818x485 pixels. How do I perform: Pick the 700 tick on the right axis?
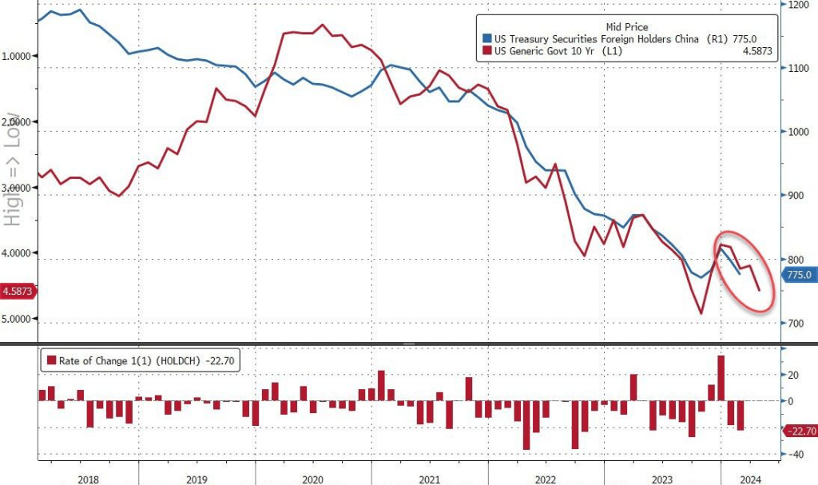click(x=794, y=324)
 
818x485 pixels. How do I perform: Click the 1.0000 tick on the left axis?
click(x=19, y=56)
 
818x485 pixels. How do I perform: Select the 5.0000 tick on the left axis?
click(x=19, y=319)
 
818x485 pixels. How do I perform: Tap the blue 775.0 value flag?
click(x=799, y=275)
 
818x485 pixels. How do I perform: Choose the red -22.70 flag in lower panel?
click(x=799, y=431)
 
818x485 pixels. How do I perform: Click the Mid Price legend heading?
click(x=627, y=26)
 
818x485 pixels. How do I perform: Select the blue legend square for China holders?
click(x=487, y=38)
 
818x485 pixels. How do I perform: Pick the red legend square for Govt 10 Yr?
click(x=487, y=51)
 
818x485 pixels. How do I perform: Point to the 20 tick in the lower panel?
click(x=793, y=375)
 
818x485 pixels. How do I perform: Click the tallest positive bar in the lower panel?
click(x=721, y=378)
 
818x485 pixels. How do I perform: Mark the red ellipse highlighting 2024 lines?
click(x=745, y=271)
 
